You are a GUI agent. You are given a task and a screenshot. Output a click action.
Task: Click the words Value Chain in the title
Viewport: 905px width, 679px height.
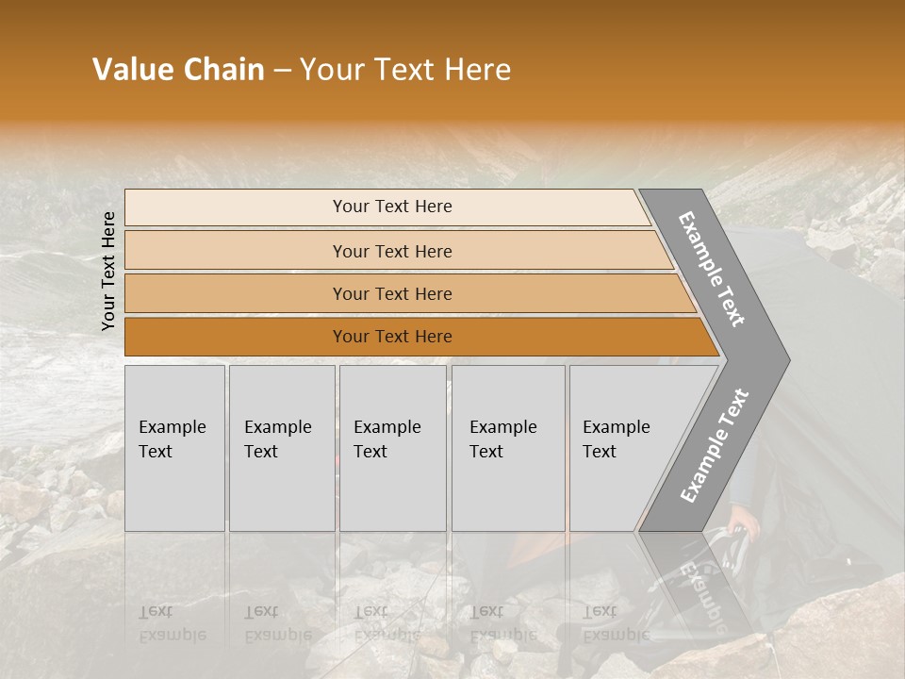[178, 70]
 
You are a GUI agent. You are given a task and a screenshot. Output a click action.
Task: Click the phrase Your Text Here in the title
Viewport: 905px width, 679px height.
[405, 70]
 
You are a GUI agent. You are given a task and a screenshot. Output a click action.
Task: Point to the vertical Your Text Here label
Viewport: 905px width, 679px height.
[108, 271]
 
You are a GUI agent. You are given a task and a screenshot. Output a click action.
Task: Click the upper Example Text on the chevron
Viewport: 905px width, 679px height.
[712, 269]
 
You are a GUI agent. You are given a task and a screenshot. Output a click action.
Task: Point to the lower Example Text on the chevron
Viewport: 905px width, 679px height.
[714, 446]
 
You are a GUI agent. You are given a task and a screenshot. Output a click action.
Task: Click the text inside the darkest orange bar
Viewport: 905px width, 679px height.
[392, 337]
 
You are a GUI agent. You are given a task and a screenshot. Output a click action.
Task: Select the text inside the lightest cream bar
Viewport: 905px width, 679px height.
[392, 207]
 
